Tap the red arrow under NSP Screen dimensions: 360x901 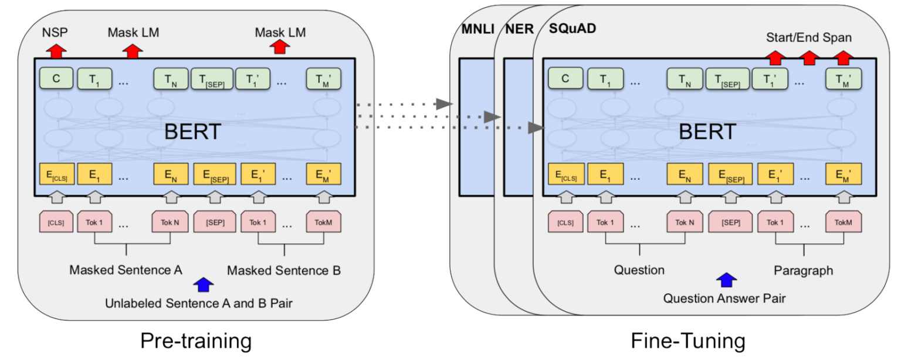point(56,50)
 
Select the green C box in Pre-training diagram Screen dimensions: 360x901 point(56,78)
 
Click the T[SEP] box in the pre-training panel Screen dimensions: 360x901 point(211,79)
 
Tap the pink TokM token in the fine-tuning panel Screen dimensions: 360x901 point(843,222)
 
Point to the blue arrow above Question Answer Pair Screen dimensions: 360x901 point(726,280)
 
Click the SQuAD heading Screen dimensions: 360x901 point(573,28)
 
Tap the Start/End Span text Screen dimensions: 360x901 point(808,38)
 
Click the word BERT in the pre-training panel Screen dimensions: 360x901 point(193,131)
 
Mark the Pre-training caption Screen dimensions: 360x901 point(196,341)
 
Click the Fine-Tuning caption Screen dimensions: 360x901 point(689,341)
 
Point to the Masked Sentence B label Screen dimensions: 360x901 point(284,270)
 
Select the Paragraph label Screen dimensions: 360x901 point(803,270)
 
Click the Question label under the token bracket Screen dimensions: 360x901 point(639,270)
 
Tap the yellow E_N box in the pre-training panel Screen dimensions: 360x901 point(171,174)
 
